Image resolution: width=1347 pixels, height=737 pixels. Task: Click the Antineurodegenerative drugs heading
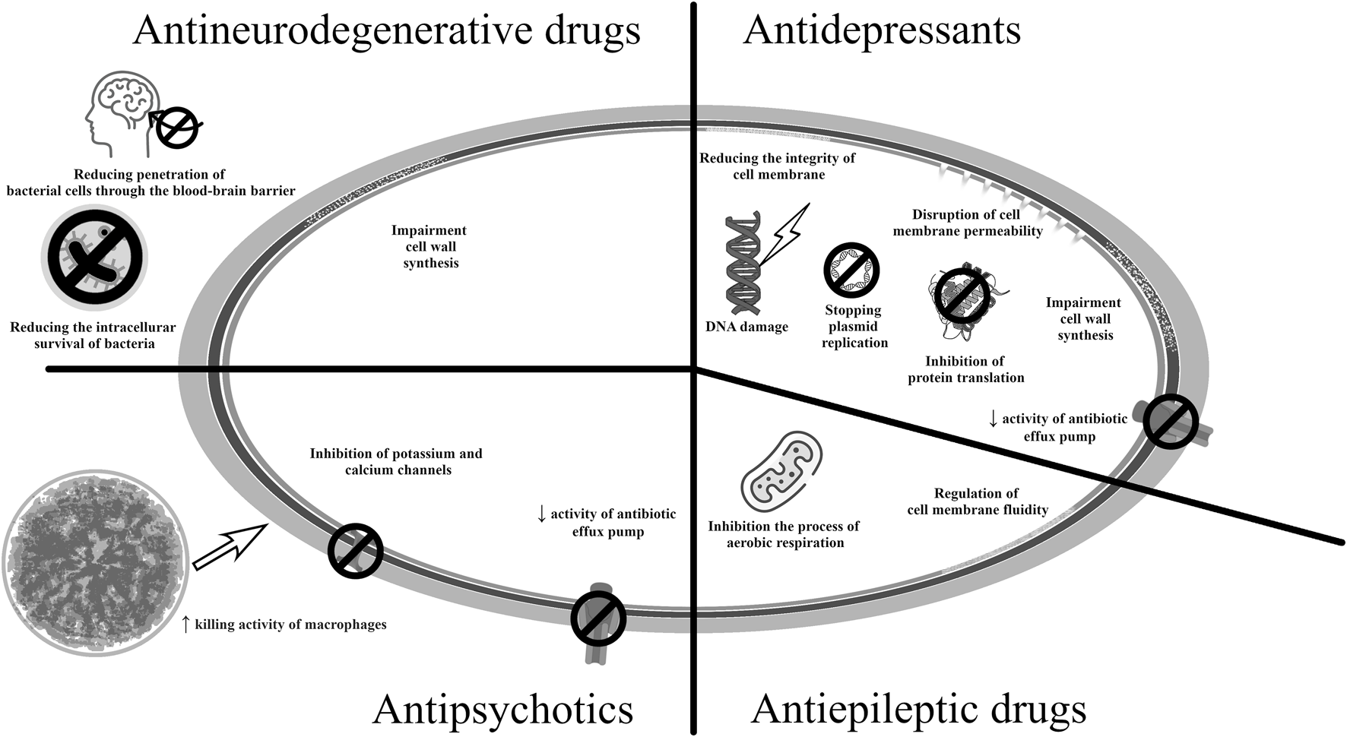click(386, 32)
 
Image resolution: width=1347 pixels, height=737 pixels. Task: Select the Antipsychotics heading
click(502, 710)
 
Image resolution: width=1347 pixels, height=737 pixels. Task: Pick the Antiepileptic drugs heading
click(918, 710)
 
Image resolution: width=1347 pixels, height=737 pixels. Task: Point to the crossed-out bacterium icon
click(94, 258)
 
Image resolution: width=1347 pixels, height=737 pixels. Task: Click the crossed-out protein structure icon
click(961, 297)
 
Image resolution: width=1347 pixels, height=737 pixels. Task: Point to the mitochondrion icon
click(782, 472)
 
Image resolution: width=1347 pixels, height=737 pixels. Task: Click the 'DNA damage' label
click(746, 327)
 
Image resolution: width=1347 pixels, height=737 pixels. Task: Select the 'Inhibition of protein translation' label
click(965, 369)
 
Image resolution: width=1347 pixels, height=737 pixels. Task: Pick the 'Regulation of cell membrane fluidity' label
click(978, 501)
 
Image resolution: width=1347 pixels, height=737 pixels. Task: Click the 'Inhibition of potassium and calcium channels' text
click(396, 462)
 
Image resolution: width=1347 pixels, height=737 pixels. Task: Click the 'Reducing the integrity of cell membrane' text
click(777, 166)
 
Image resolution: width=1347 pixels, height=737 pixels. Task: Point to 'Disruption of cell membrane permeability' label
click(967, 223)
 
